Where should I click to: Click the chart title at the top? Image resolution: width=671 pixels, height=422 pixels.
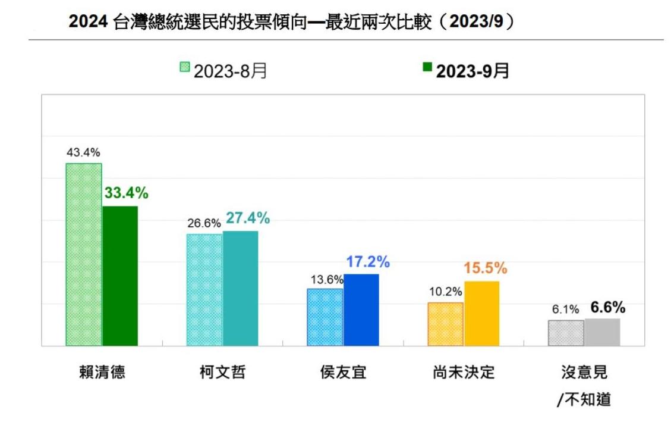point(291,22)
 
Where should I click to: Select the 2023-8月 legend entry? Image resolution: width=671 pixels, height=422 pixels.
point(223,71)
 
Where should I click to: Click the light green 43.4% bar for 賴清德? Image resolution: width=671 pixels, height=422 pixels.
point(83,254)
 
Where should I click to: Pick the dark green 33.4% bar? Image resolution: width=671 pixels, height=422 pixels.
point(120,276)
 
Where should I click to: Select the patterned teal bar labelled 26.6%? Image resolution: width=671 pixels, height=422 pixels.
point(204,289)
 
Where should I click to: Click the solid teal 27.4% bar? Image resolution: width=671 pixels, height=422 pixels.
point(241,288)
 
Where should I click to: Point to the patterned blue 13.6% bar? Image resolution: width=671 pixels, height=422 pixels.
point(325,317)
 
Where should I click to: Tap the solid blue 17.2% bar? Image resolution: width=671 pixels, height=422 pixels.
point(361,310)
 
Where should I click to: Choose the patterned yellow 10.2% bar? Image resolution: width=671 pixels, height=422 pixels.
point(446,324)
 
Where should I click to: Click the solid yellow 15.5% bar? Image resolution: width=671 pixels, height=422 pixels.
point(482,313)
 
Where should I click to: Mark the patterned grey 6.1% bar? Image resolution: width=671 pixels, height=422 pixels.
point(566,333)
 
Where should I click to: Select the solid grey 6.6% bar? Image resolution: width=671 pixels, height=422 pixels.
point(602,332)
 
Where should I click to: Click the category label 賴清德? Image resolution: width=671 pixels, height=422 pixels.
point(102,373)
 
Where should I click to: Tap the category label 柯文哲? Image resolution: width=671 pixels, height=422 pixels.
point(222,373)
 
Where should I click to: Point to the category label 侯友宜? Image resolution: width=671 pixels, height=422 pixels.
point(343,373)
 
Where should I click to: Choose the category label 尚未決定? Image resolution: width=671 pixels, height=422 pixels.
point(464,373)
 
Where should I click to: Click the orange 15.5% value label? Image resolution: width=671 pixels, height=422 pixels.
point(486,268)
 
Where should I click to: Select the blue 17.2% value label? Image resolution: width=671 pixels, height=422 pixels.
point(368,261)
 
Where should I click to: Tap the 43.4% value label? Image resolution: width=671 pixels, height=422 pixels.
point(83,154)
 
